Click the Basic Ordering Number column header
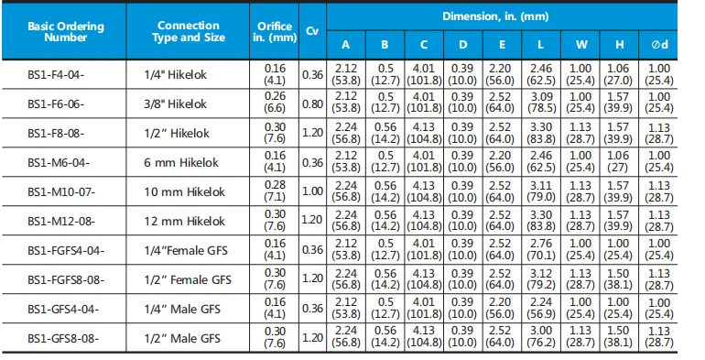click(66, 31)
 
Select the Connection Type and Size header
click(189, 31)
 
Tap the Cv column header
click(312, 31)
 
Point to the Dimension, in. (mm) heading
click(495, 16)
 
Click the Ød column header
click(659, 45)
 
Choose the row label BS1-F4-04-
click(56, 75)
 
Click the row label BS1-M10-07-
click(61, 192)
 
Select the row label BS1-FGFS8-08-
click(66, 280)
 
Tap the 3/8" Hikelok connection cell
click(176, 104)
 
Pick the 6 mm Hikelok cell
click(181, 162)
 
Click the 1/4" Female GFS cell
click(186, 250)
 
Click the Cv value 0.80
click(312, 104)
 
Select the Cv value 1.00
click(312, 191)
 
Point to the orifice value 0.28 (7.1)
click(275, 191)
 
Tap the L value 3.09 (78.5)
click(541, 103)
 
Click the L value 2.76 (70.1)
click(541, 249)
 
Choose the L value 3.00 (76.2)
click(541, 337)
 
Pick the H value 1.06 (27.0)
click(619, 74)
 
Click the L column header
click(540, 45)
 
